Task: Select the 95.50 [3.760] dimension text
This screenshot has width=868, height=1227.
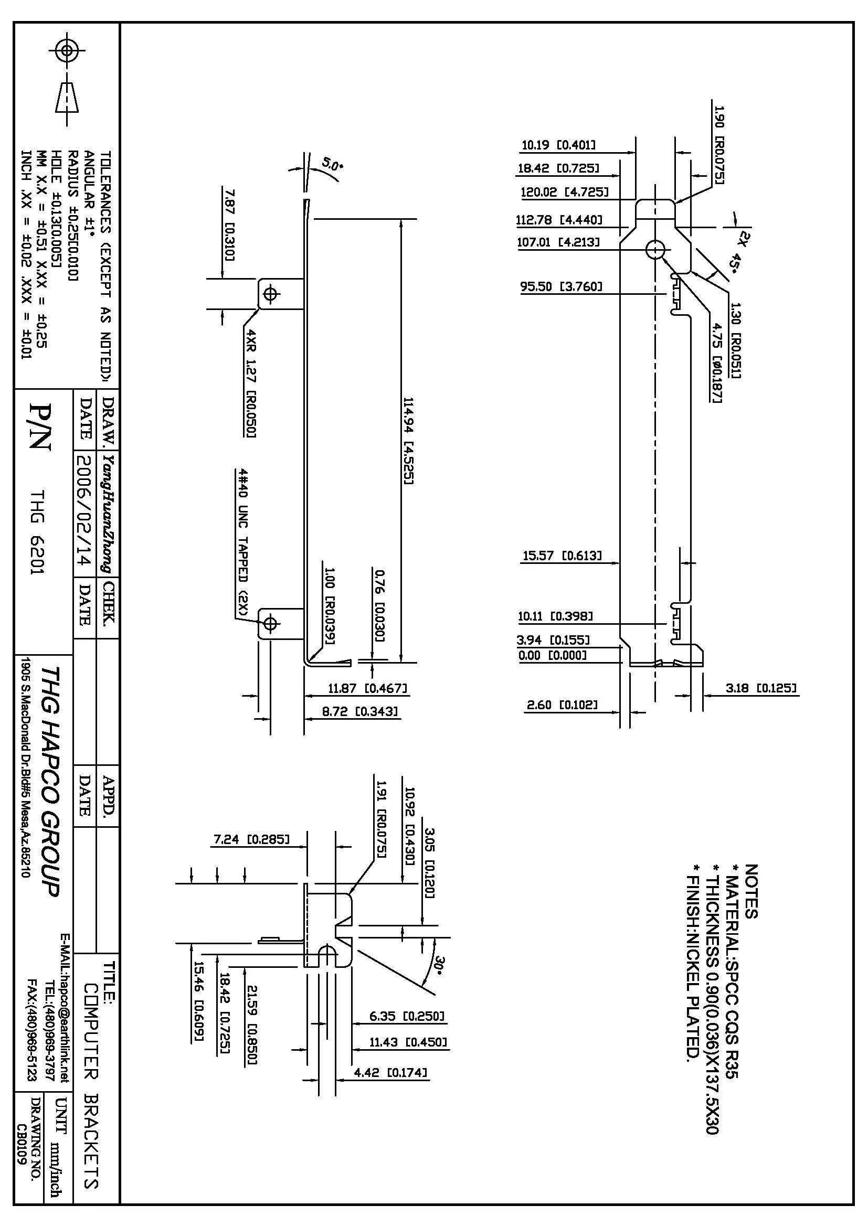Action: (561, 286)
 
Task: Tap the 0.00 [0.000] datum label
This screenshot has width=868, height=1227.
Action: (552, 655)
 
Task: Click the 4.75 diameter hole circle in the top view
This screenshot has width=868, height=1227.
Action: (655, 249)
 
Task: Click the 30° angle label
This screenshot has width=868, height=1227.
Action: (440, 966)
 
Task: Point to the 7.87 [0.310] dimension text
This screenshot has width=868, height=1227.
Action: (229, 224)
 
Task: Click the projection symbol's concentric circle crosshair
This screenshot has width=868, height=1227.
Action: (67, 51)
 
